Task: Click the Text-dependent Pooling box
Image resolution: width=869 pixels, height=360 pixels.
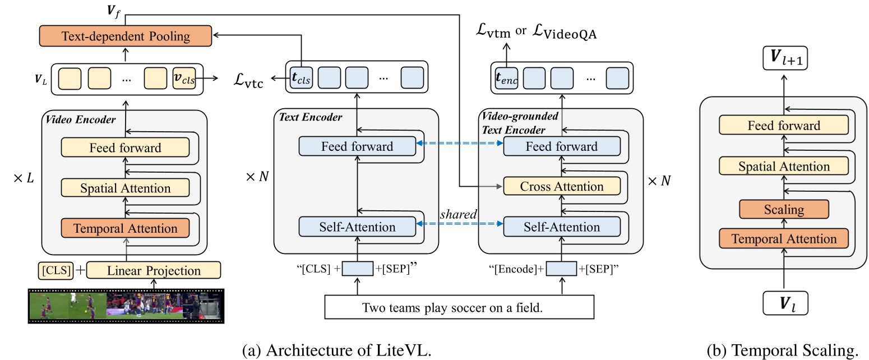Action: [125, 37]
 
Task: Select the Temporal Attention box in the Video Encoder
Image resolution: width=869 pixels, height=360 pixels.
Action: [125, 228]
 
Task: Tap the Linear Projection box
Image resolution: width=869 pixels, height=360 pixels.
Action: [153, 270]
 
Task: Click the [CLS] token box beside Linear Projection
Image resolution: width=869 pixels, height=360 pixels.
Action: [56, 270]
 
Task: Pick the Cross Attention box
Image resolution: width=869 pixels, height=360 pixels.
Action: [562, 186]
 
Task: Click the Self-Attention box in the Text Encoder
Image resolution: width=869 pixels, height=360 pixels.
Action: [358, 227]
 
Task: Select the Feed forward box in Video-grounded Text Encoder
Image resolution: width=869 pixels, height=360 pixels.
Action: [562, 146]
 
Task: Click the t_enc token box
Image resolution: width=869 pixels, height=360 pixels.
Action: [506, 79]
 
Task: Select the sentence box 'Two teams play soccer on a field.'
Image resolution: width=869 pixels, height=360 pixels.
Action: [459, 308]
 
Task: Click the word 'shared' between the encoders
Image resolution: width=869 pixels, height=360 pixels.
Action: [458, 215]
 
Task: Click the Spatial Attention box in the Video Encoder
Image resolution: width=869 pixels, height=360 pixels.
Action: [125, 188]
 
